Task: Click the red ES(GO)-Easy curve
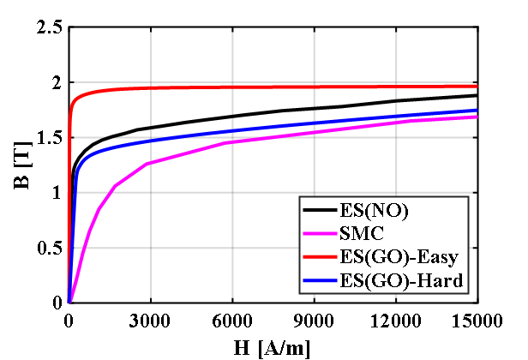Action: pos(257,87)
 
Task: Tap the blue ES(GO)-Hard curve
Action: pos(257,129)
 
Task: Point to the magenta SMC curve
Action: pos(257,139)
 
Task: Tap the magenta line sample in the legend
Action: pos(320,233)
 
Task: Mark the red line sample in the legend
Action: pos(320,256)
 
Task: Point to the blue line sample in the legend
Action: pos(320,279)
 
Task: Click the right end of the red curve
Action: pos(476,87)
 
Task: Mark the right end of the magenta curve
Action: pos(476,117)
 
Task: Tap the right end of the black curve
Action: pos(476,95)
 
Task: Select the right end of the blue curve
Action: pos(476,111)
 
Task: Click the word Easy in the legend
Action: pos(440,256)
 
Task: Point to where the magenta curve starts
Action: pos(69,302)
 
